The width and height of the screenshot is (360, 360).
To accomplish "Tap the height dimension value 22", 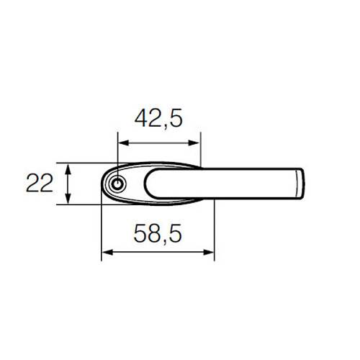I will coord(40,184).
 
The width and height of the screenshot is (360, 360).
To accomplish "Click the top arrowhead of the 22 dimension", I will coord(68,168).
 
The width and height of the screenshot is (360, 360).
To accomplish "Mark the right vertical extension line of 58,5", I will coord(214,230).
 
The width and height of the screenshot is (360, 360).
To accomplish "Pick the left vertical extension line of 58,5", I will coord(102,230).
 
